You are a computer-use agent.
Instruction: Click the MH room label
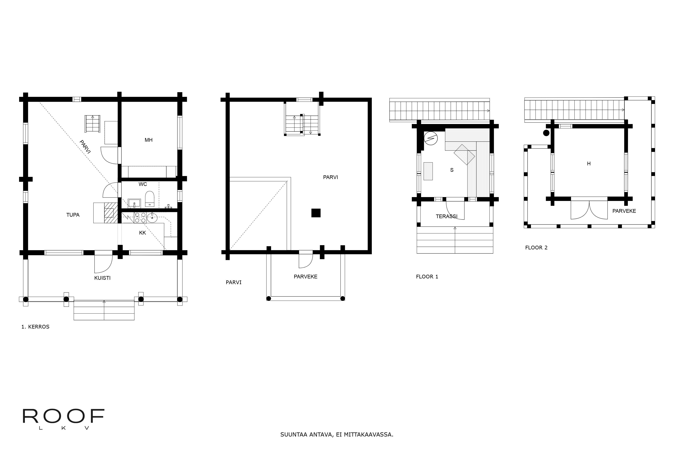coord(148,140)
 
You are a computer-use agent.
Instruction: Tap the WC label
coord(143,184)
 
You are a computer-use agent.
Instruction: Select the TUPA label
coord(73,215)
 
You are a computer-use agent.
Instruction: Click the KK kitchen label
coord(142,233)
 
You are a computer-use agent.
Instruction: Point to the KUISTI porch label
coord(102,278)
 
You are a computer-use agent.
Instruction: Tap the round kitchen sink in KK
coord(152,218)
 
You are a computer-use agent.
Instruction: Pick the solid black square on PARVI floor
coord(316,213)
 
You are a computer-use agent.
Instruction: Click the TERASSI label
coord(447,216)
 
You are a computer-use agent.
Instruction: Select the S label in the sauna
coord(452,170)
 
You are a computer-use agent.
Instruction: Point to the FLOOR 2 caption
coord(536,248)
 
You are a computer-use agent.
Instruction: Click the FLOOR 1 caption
coord(427,277)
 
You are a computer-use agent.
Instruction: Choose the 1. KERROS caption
coord(35,327)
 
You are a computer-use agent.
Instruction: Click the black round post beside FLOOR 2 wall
coord(546,133)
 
